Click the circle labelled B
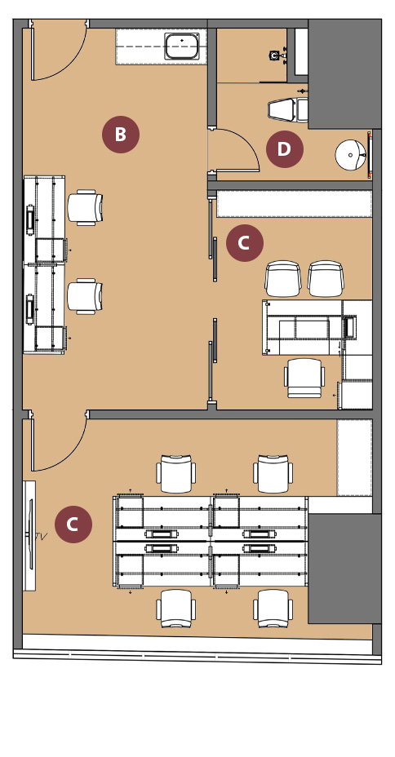coord(121,135)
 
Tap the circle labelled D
coord(285,149)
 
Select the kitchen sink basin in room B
coord(181,46)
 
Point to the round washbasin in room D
coord(351,155)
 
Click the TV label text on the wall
coord(42,536)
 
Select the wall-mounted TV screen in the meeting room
coord(31,534)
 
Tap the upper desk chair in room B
coord(85,207)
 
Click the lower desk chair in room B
coord(85,296)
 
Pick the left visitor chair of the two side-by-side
coord(283,278)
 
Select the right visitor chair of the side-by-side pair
coord(326,278)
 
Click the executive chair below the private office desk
coord(304,378)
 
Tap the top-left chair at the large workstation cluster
coord(175,474)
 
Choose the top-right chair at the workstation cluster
coord(273,474)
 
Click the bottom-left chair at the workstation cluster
coord(175,608)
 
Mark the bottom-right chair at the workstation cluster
coord(273,608)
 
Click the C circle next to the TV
coord(73,524)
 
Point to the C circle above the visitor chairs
coord(245,243)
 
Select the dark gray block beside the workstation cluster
coord(344,569)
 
